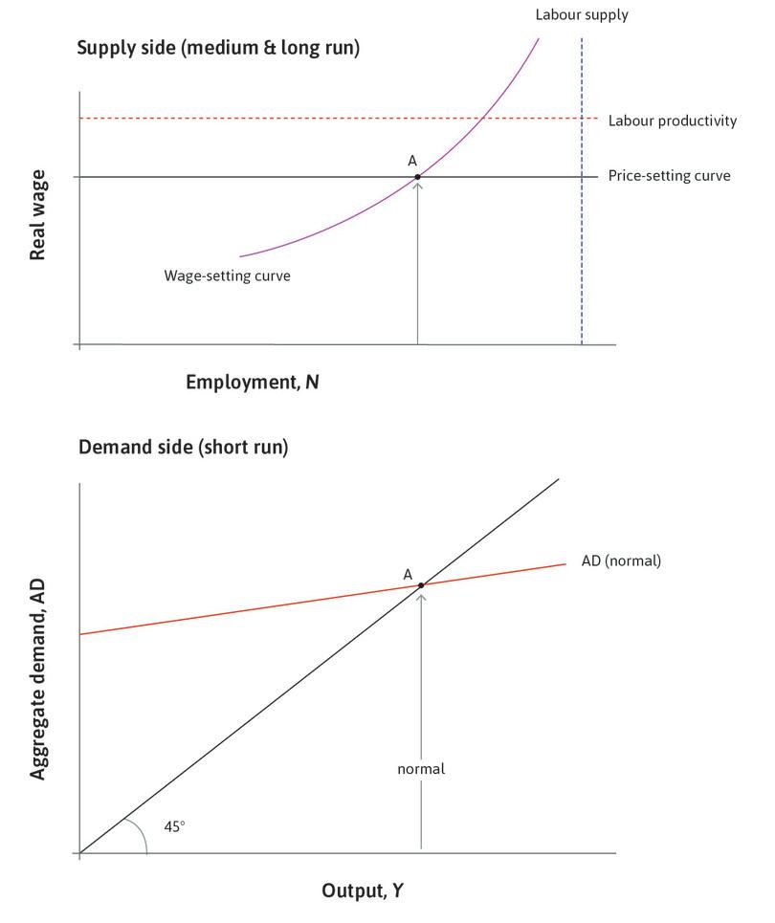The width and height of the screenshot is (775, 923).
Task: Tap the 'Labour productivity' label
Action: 672,121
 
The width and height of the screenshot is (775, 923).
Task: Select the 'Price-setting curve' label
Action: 669,176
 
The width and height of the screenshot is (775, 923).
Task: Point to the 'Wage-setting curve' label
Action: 227,275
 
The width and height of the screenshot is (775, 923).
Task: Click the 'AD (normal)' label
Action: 621,561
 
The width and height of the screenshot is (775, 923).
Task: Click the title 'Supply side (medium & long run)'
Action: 218,48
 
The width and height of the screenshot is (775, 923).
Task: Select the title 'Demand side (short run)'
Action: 183,447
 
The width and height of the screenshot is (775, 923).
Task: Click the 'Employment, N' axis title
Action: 253,382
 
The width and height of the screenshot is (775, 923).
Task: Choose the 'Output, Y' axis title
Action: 363,891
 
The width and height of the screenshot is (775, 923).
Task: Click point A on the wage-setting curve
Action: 418,177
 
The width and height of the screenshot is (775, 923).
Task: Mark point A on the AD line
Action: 421,584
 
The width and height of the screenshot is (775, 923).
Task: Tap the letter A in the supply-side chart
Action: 412,161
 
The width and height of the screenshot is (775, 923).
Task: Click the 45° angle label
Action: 175,824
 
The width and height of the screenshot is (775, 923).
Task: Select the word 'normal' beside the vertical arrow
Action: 421,768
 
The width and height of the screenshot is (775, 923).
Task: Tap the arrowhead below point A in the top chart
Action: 418,185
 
